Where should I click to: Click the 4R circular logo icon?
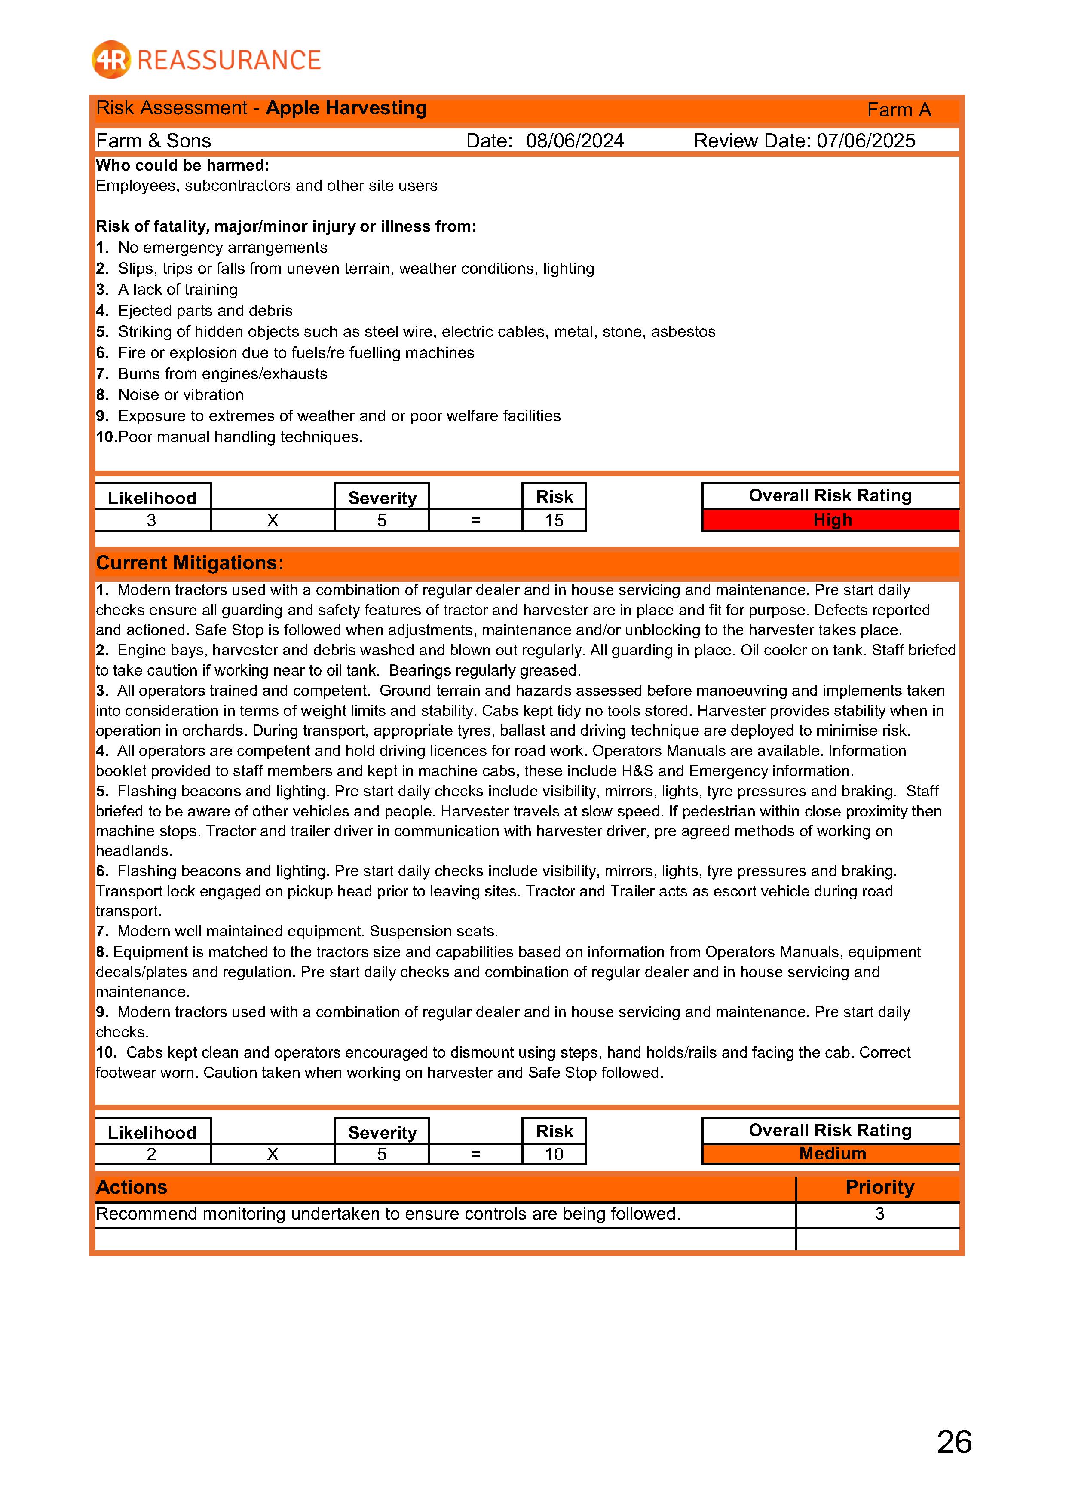point(111,60)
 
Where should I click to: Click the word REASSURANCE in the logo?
point(229,61)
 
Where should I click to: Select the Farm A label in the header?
point(899,110)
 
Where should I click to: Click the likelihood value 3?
point(152,520)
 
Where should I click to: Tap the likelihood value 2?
point(152,1154)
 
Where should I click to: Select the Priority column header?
point(879,1187)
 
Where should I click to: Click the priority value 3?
point(879,1214)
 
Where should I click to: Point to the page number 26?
point(954,1442)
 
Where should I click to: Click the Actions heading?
point(131,1187)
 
